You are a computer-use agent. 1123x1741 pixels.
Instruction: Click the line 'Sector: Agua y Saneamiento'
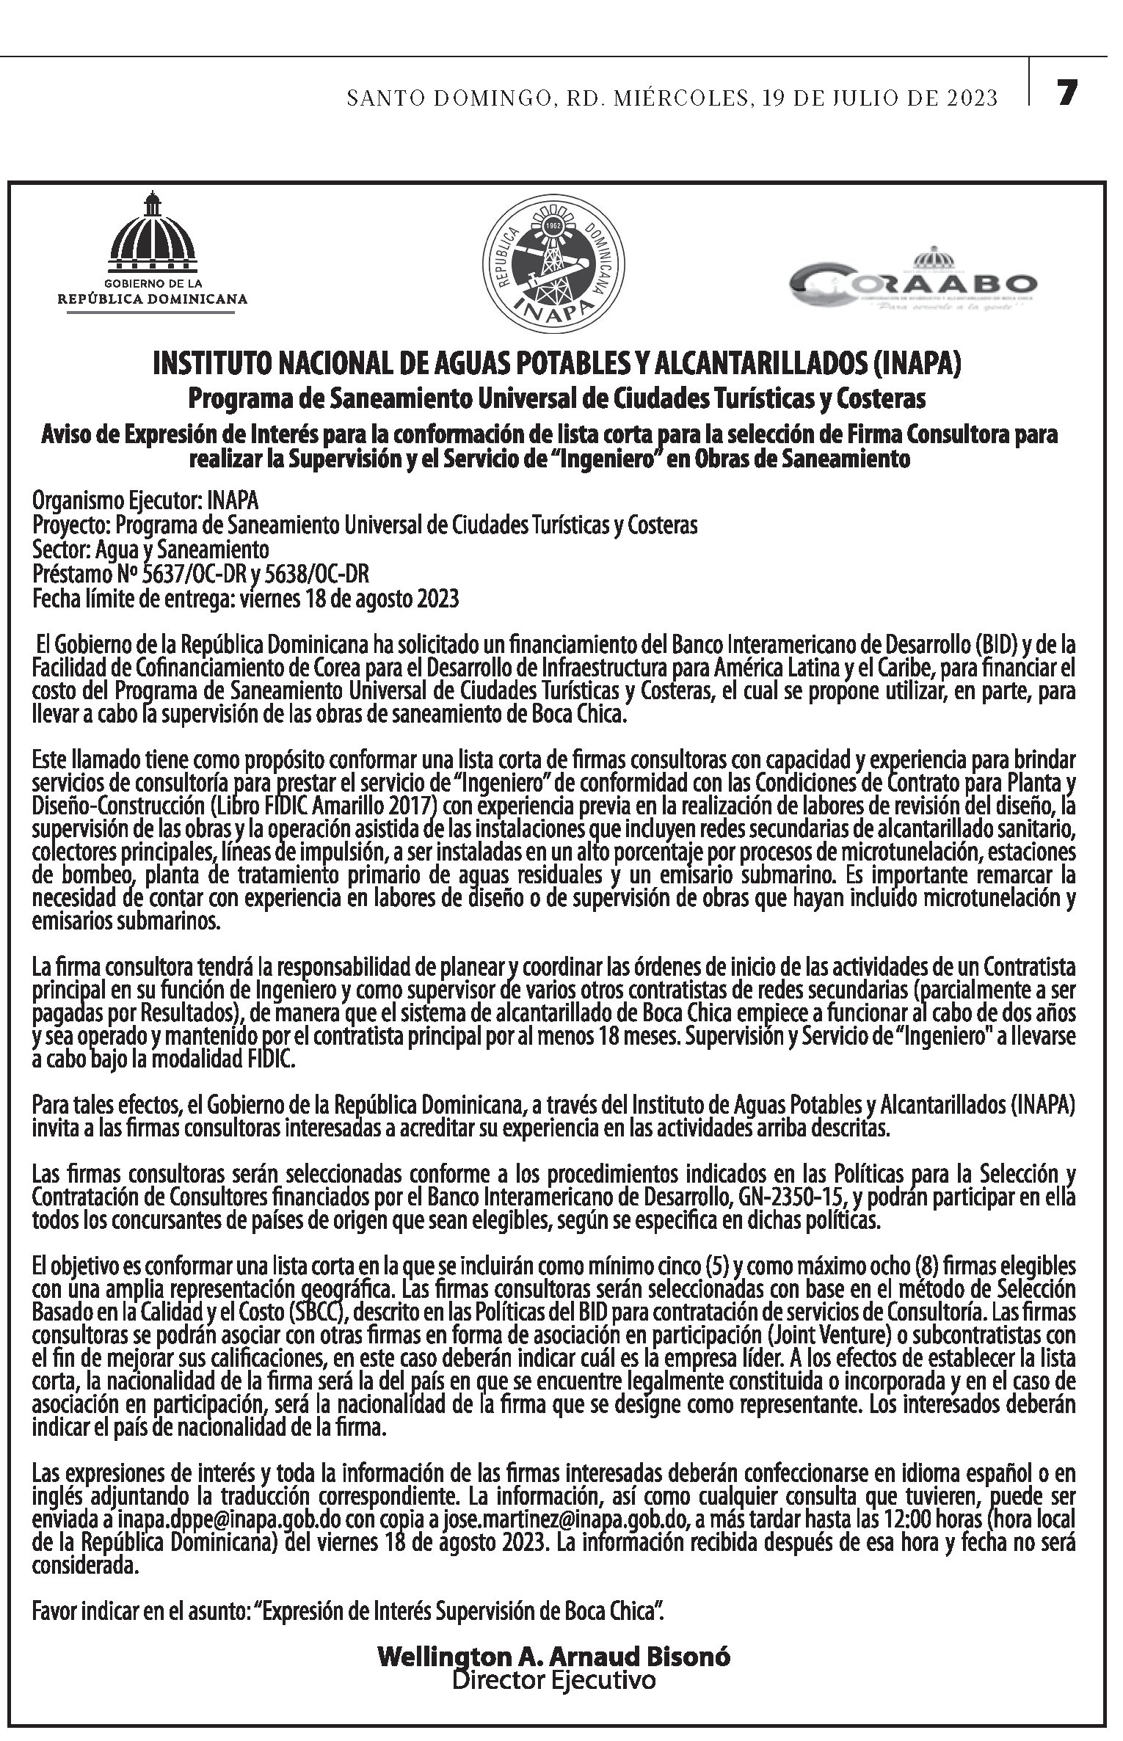pyautogui.click(x=150, y=549)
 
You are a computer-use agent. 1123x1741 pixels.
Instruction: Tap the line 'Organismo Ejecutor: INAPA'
pyautogui.click(x=145, y=501)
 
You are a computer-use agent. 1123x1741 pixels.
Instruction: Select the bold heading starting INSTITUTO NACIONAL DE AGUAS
pyautogui.click(x=556, y=365)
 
